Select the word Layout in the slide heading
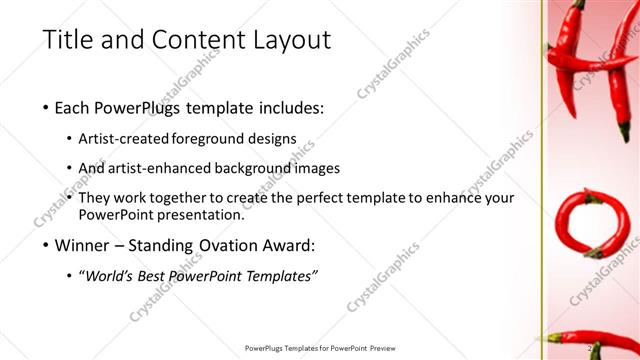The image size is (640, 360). point(290,41)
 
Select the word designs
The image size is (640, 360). point(275,138)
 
